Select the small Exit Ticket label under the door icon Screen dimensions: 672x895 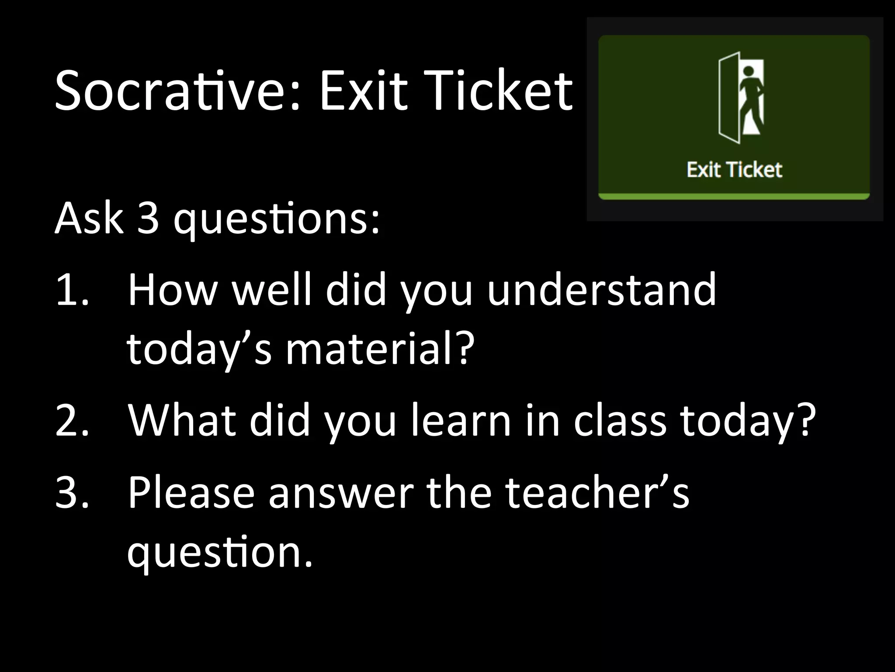(x=734, y=170)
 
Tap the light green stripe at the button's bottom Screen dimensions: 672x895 (x=734, y=196)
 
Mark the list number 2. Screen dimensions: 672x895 (x=72, y=420)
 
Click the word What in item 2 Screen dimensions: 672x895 (x=182, y=420)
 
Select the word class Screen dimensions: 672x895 (x=620, y=420)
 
